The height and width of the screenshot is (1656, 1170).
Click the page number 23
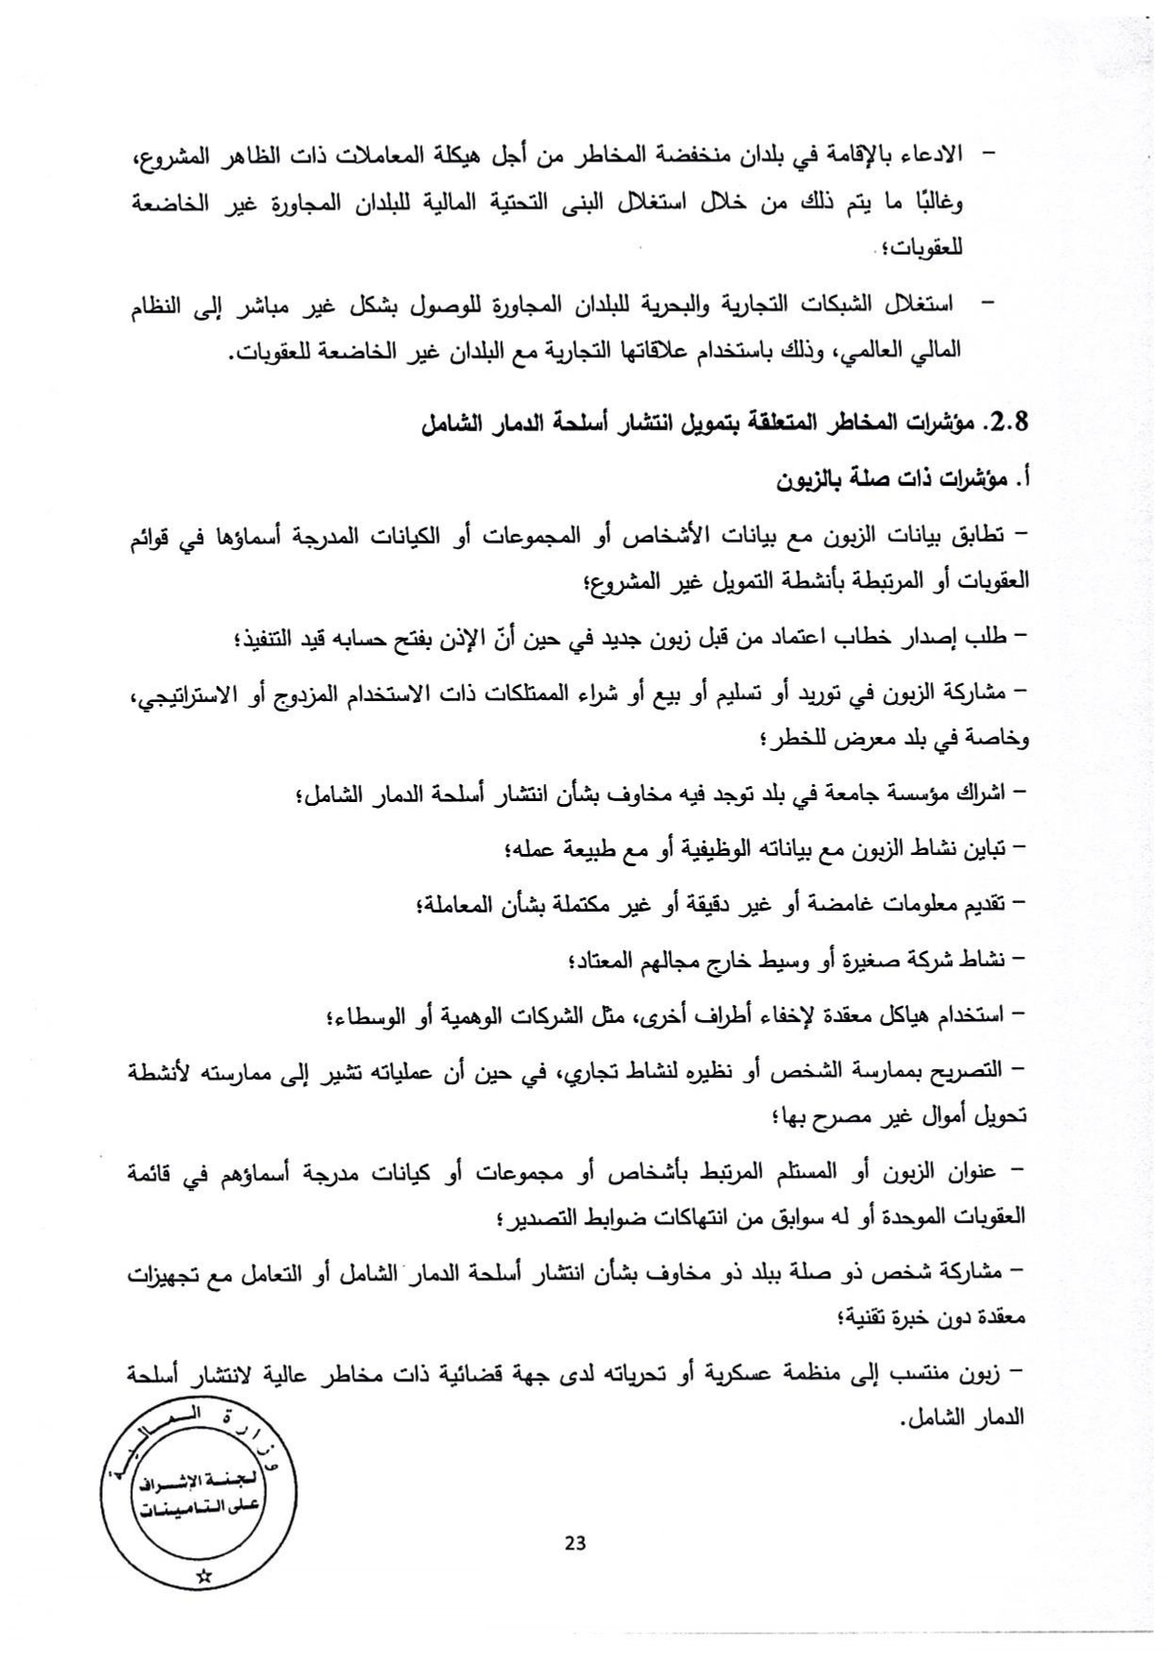(575, 1544)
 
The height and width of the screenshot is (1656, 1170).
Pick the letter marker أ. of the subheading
(1018, 480)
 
